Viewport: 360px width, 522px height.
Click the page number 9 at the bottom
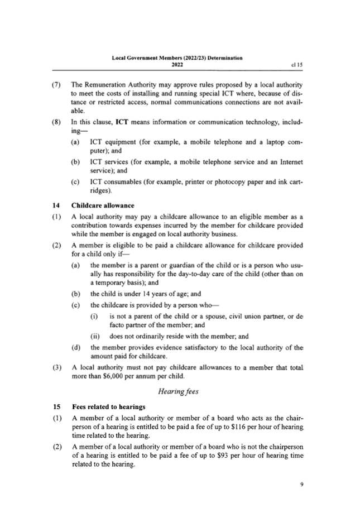click(301, 484)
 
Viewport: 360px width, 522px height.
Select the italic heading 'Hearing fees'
click(177, 391)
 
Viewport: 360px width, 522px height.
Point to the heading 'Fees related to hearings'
click(108, 406)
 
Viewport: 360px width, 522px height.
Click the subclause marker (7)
click(56, 84)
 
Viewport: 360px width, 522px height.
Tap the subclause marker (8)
click(56, 122)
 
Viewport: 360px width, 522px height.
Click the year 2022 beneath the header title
click(177, 65)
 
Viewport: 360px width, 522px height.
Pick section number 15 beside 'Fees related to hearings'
click(56, 406)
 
